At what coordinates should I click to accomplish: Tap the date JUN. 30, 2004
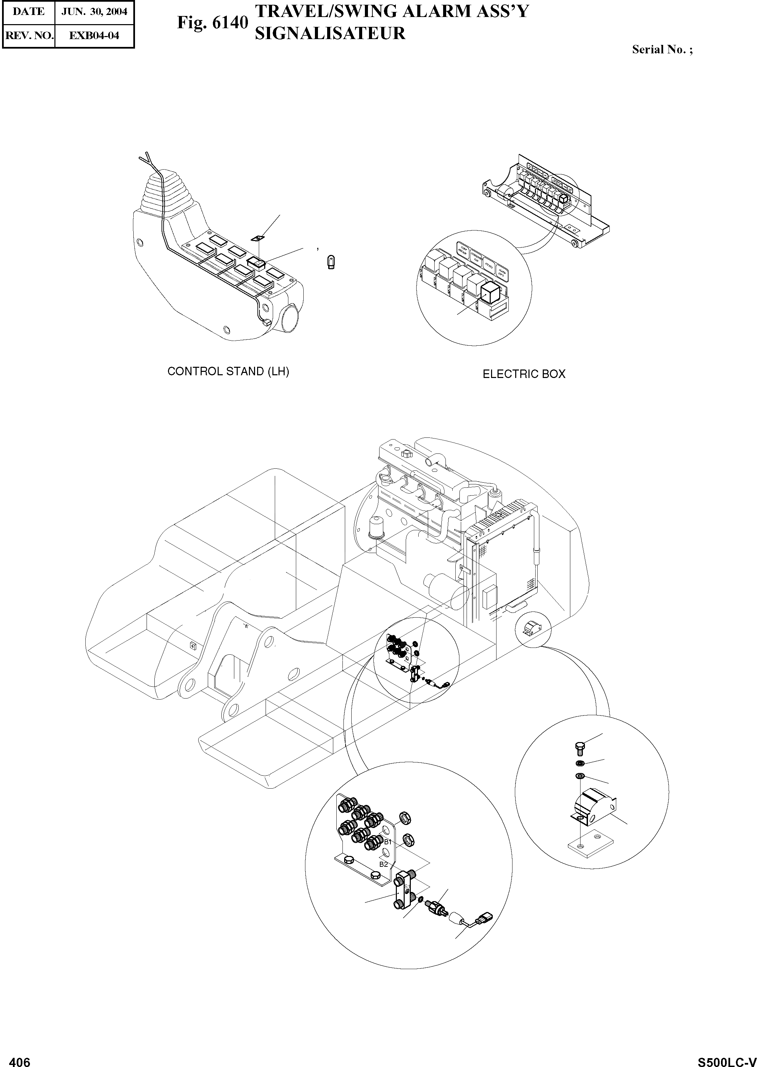(94, 12)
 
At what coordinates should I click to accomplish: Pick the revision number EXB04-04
(94, 35)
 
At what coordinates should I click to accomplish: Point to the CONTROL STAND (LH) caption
(229, 371)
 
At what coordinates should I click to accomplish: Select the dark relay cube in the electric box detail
(490, 294)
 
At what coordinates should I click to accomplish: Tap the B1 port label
(387, 842)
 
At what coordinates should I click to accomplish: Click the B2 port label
(383, 864)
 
